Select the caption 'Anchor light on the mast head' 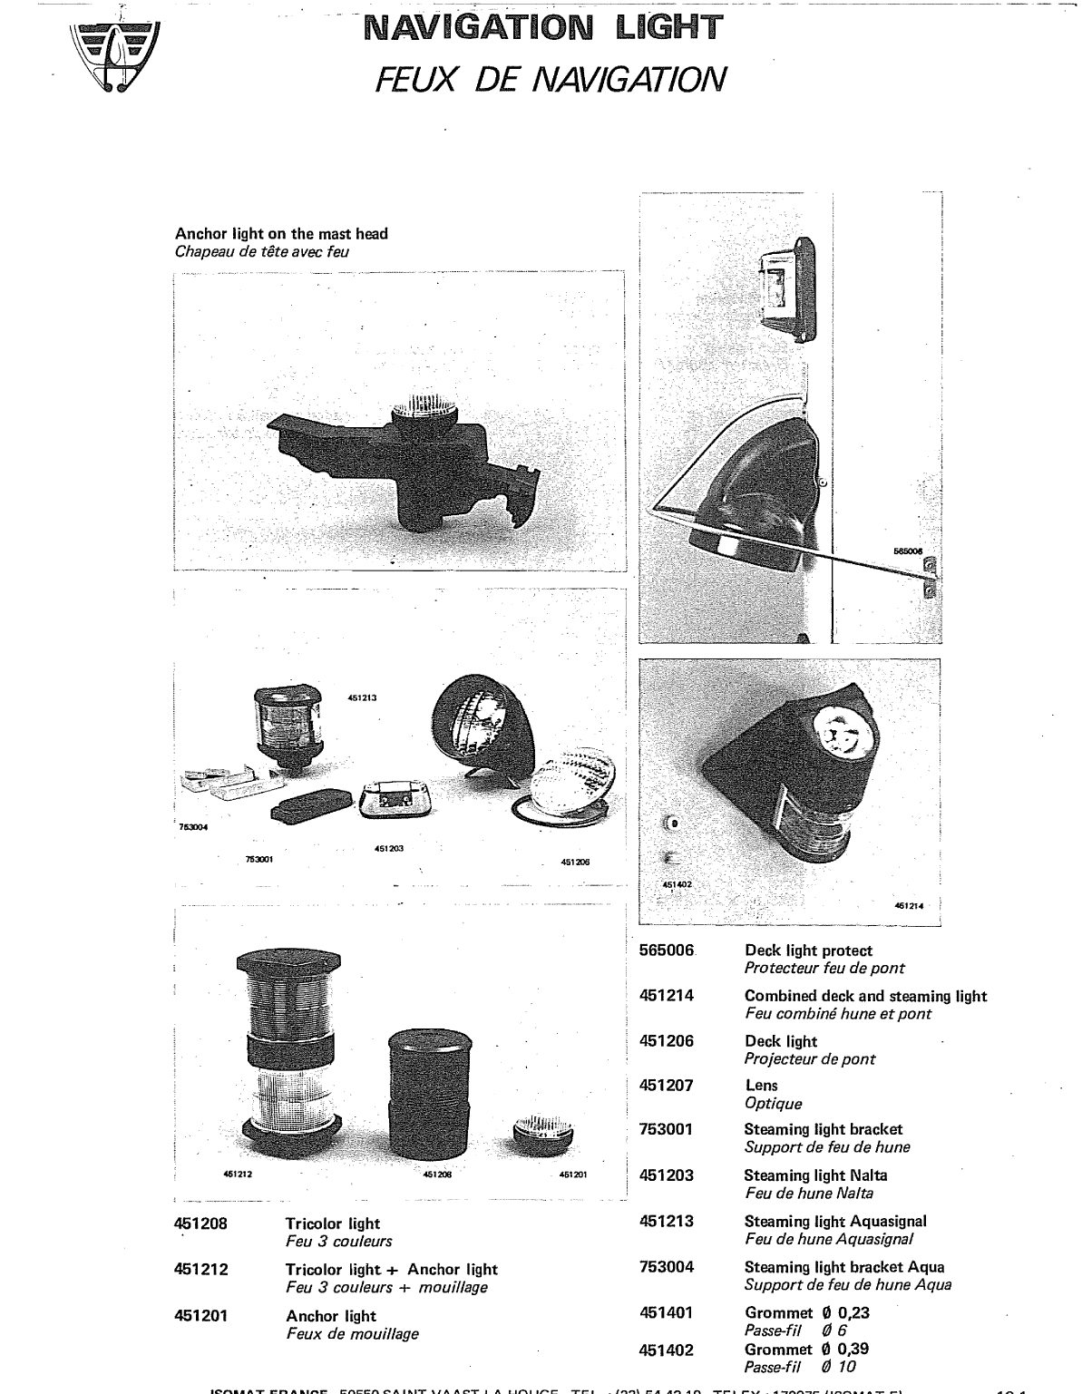[x=281, y=234]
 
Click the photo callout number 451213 [x=361, y=697]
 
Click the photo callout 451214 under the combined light [x=909, y=904]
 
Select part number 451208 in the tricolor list [x=200, y=1223]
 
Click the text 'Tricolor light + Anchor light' [x=392, y=1270]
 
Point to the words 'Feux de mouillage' [x=352, y=1333]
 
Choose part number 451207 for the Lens [x=667, y=1086]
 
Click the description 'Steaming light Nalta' [x=815, y=1175]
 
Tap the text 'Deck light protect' [x=808, y=950]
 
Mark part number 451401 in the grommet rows [x=667, y=1312]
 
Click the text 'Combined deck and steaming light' [x=865, y=996]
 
